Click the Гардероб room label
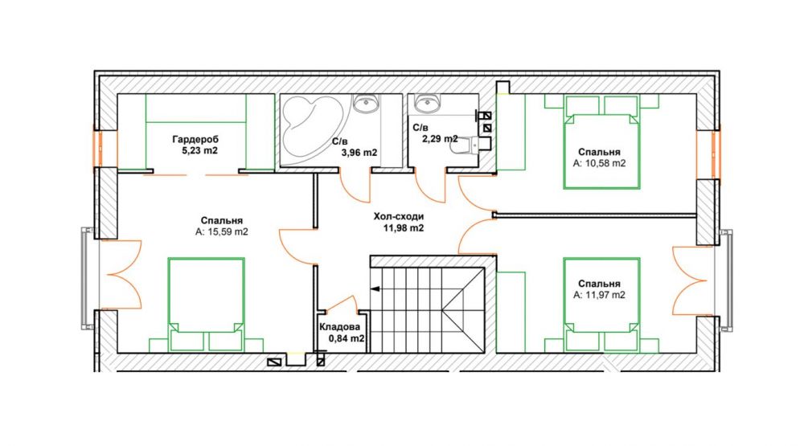click(195, 140)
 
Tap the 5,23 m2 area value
click(200, 151)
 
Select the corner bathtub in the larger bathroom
click(310, 128)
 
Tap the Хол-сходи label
click(399, 217)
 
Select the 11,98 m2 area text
click(404, 228)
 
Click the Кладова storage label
click(339, 327)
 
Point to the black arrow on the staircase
click(375, 289)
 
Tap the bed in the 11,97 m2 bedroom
click(601, 305)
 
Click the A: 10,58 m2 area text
click(600, 164)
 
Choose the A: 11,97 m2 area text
click(600, 295)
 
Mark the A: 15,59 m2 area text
click(222, 231)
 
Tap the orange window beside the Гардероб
click(97, 149)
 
